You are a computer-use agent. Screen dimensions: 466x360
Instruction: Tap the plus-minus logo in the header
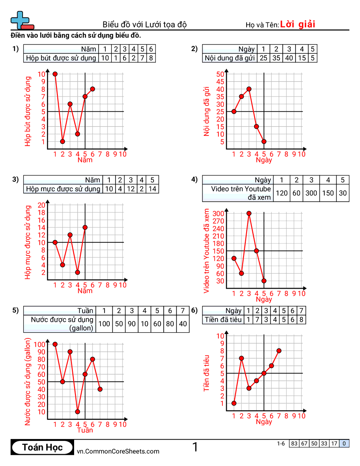click(x=20, y=20)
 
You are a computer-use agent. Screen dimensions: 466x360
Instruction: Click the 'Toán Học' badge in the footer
click(x=42, y=447)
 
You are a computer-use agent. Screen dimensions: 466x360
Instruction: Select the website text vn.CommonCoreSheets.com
click(x=118, y=451)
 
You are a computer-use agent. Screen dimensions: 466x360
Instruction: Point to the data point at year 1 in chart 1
click(x=55, y=74)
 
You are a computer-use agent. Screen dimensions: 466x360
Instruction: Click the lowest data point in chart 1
click(x=63, y=142)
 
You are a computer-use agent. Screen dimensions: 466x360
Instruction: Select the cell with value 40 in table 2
click(x=289, y=58)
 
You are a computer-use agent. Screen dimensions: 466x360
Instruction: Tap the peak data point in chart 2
click(x=249, y=89)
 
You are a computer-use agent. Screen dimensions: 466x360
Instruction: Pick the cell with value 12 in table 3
click(x=131, y=189)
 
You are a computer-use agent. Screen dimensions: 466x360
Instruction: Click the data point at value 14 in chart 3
click(x=85, y=227)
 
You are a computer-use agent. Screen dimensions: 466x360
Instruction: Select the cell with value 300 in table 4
click(x=311, y=193)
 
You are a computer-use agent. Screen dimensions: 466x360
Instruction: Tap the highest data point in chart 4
click(x=249, y=213)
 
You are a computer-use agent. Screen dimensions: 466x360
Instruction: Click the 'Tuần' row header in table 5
click(x=86, y=311)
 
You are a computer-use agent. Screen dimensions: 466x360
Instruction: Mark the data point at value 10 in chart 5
click(x=78, y=412)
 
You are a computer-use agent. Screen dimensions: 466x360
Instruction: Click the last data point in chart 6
click(x=279, y=351)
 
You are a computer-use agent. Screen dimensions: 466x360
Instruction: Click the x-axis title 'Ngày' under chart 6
click(x=264, y=422)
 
